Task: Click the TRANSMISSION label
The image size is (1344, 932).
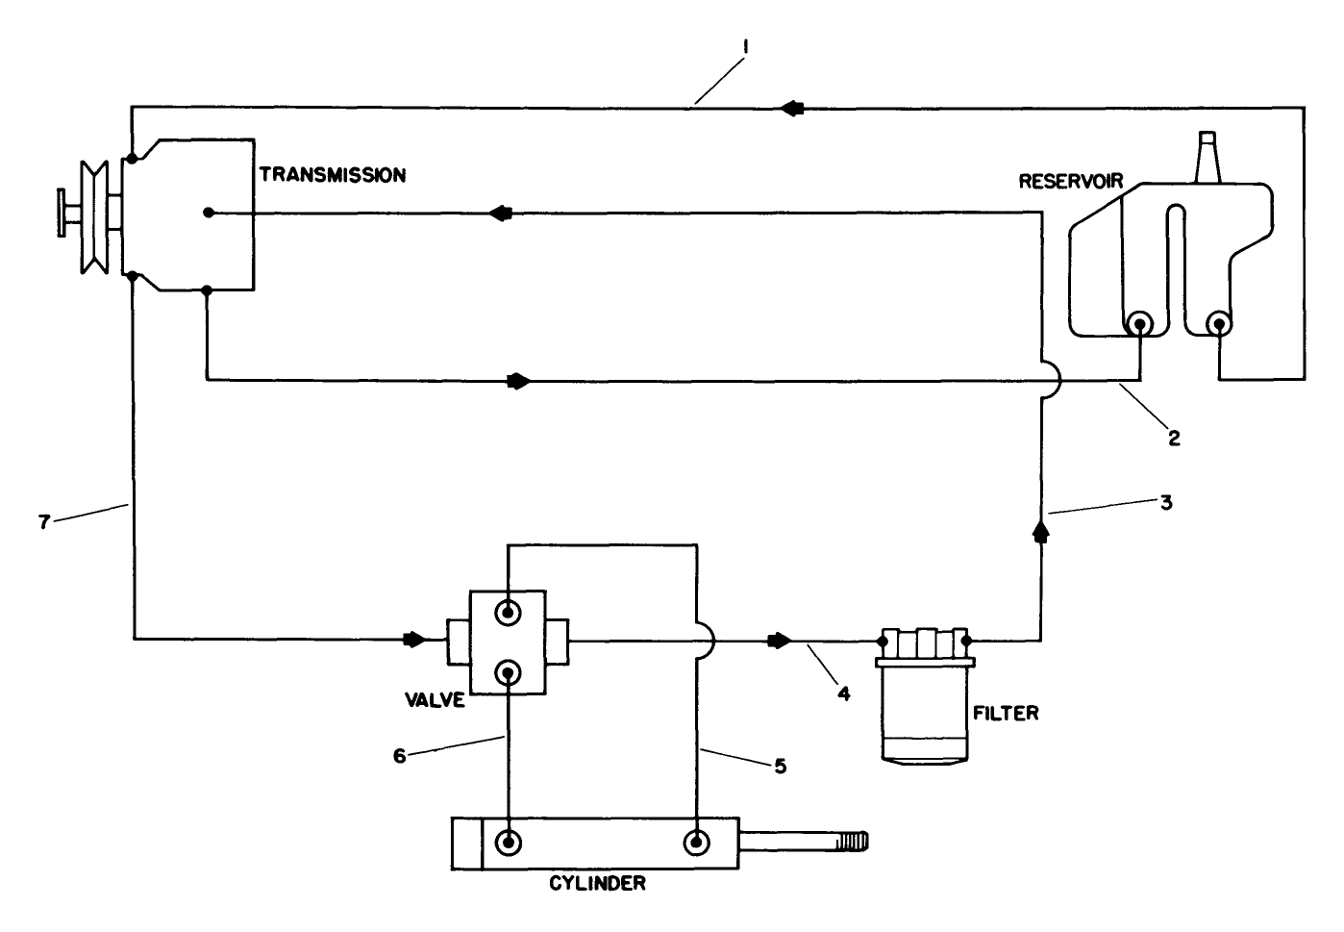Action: pyautogui.click(x=332, y=175)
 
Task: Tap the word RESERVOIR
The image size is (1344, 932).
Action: pyautogui.click(x=1070, y=181)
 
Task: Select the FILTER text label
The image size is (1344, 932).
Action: pyautogui.click(x=1006, y=714)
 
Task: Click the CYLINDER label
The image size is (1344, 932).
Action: pyautogui.click(x=597, y=883)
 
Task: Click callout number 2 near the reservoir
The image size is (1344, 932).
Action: pyautogui.click(x=1174, y=438)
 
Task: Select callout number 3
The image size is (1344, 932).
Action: pyautogui.click(x=1165, y=503)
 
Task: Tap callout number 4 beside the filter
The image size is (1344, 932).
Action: pyautogui.click(x=843, y=692)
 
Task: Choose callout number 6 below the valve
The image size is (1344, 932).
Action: pyautogui.click(x=400, y=756)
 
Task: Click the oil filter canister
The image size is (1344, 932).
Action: pyautogui.click(x=925, y=712)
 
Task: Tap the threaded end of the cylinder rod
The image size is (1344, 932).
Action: pyautogui.click(x=852, y=843)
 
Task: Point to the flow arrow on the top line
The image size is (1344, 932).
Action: pyautogui.click(x=791, y=109)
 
